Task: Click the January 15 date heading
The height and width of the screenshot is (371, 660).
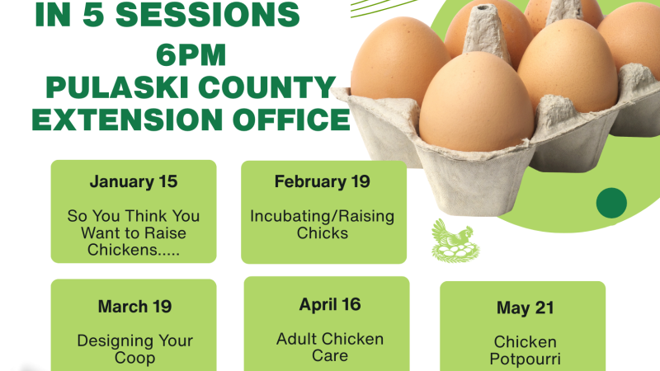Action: (134, 181)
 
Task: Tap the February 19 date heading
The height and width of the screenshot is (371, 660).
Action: (323, 181)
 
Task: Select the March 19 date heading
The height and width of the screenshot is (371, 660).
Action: (134, 307)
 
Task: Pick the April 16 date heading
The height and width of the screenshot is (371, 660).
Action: (330, 304)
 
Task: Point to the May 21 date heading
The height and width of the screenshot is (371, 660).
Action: (525, 308)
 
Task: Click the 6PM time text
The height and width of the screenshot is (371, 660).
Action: (189, 57)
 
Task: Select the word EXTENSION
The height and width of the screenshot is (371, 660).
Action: (122, 120)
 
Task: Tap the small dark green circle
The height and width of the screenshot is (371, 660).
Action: (611, 203)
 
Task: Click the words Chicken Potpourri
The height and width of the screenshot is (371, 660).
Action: (525, 350)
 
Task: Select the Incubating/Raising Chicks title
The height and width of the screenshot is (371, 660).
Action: (323, 224)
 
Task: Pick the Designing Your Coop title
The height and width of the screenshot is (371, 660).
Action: (134, 350)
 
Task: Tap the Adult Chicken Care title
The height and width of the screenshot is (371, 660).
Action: (330, 347)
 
